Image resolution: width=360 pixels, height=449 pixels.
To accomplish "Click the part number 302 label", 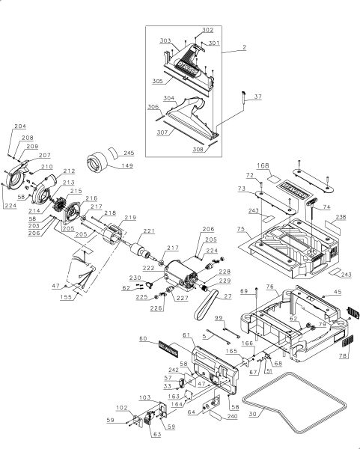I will [x=207, y=30].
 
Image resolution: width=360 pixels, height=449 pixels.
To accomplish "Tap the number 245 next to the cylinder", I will [x=128, y=152].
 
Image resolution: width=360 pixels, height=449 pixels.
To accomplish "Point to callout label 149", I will [x=128, y=166].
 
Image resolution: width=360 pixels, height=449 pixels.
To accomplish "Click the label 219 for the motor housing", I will [x=130, y=218].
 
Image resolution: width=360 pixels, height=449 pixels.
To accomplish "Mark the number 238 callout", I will [x=341, y=217].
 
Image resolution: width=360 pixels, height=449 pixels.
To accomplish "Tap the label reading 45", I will [x=337, y=293].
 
